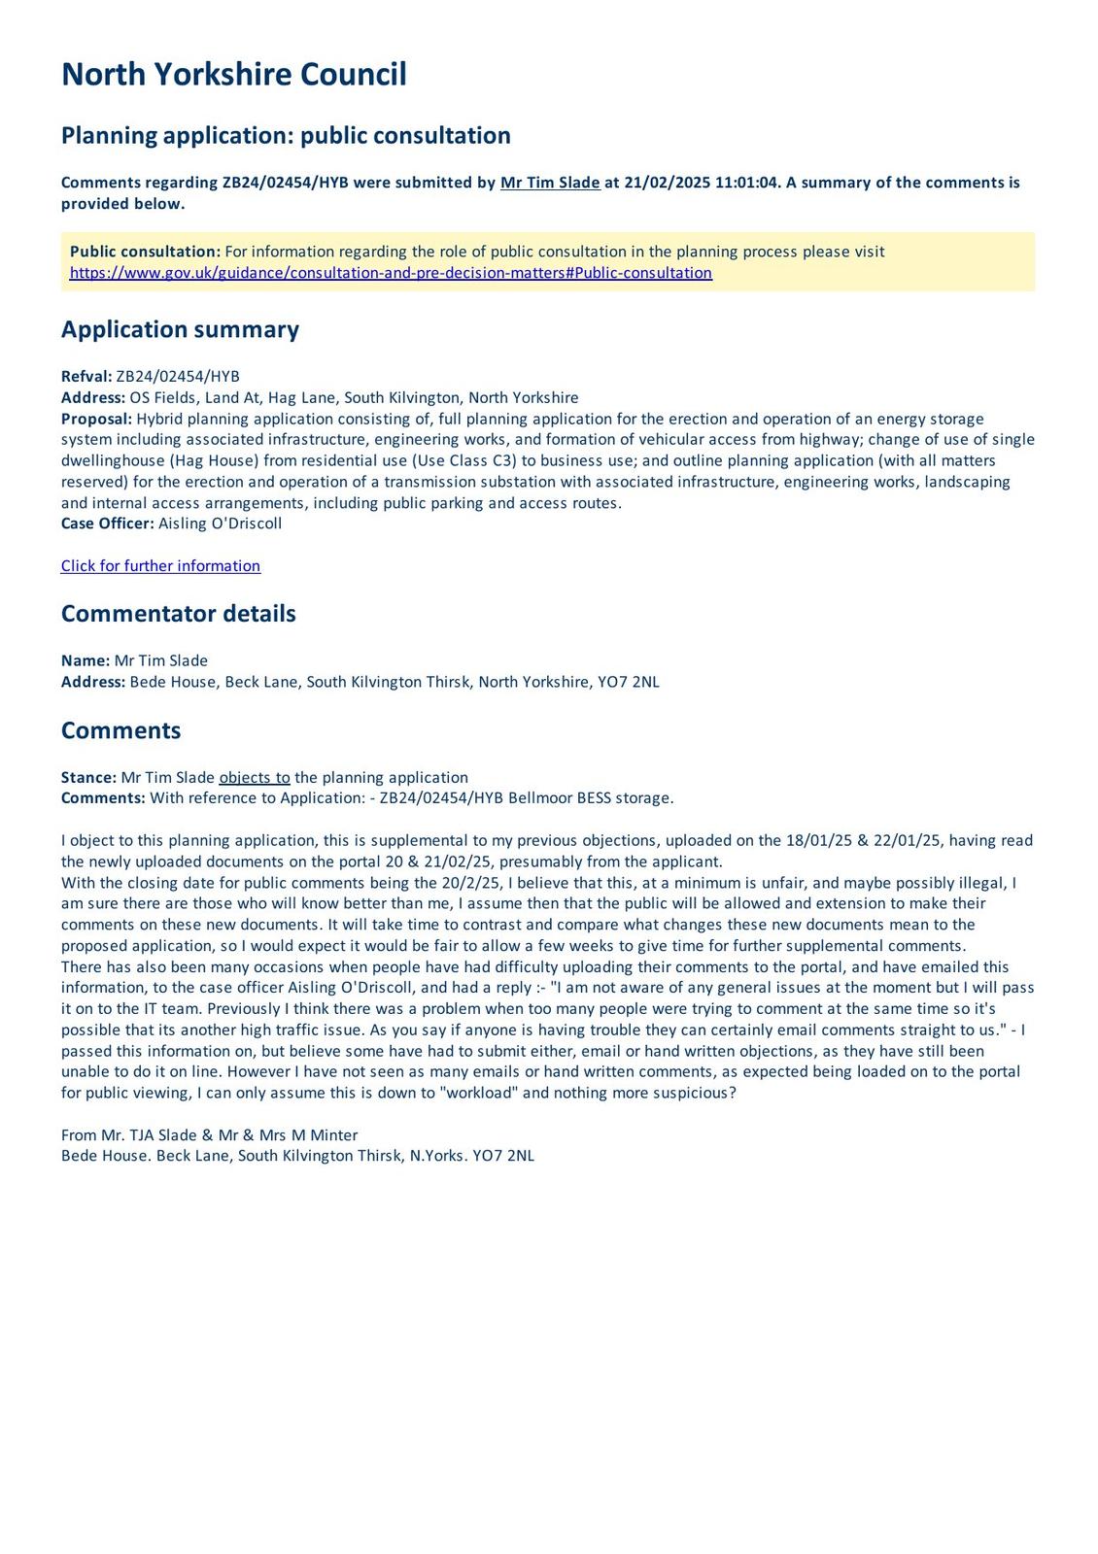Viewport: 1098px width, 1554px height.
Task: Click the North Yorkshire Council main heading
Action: (233, 75)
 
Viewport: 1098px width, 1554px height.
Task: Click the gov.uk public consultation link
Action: (391, 273)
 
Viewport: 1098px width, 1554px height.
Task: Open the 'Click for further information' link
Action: (160, 566)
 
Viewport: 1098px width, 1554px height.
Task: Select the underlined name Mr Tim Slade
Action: (550, 183)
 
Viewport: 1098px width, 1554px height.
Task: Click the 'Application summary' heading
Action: (180, 330)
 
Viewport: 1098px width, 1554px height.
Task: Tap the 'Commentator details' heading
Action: (178, 614)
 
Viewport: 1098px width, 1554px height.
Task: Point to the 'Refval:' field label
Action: (86, 377)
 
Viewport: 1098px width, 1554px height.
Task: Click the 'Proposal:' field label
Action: (96, 419)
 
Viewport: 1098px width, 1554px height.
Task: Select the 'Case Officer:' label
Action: (107, 524)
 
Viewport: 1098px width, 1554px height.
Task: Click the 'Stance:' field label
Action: (88, 778)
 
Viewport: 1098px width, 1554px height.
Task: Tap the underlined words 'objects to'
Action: (255, 778)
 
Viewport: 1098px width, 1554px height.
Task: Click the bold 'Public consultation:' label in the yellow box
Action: (145, 252)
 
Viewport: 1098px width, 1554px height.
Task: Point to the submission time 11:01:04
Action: (747, 183)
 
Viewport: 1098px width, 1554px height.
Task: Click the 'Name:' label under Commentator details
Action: (86, 661)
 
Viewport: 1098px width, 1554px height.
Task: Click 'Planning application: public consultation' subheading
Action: (286, 135)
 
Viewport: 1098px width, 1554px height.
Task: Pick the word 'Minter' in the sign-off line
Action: (334, 1134)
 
